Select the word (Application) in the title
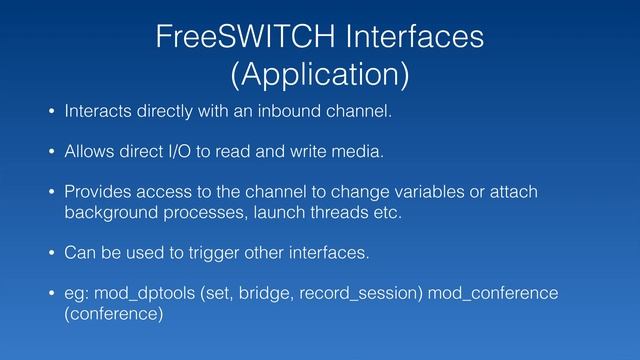click(x=319, y=75)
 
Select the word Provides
click(x=98, y=192)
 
